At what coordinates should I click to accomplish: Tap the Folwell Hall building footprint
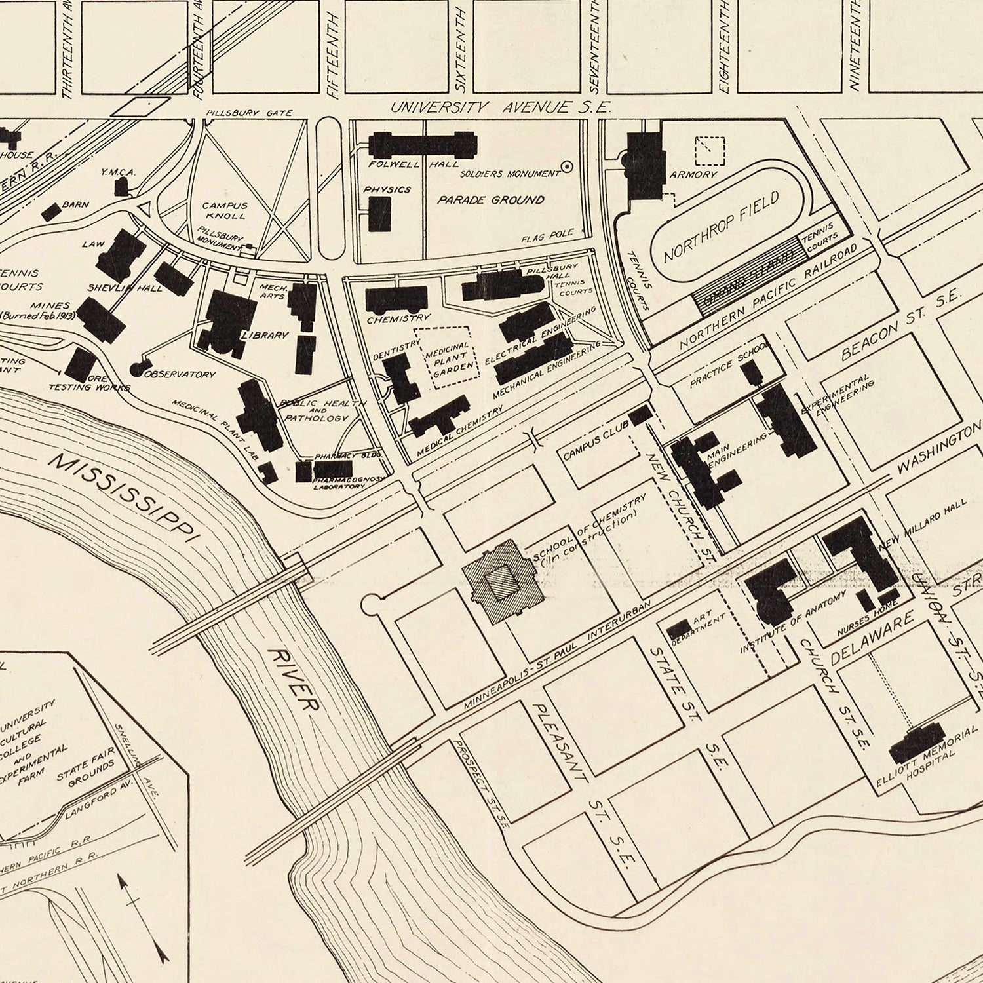click(423, 145)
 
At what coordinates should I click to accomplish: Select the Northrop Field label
click(721, 227)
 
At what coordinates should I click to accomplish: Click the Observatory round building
click(138, 369)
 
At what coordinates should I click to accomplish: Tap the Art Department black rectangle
click(677, 629)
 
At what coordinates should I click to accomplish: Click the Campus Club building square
click(640, 415)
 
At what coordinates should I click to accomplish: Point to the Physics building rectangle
click(378, 214)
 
